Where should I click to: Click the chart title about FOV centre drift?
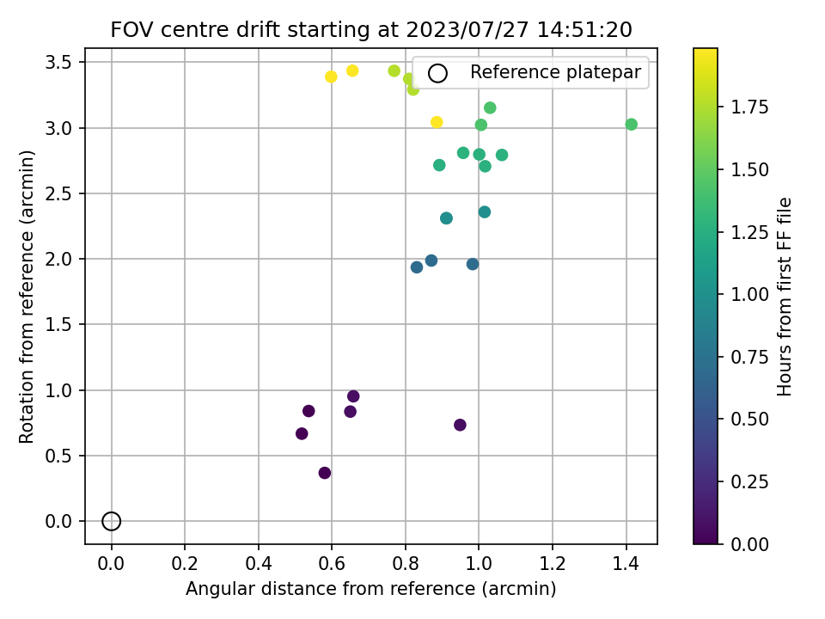[x=371, y=30]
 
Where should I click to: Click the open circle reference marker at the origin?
[x=111, y=521]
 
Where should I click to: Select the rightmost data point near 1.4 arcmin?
[x=632, y=125]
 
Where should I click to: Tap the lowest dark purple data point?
[x=325, y=473]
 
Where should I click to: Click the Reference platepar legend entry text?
[x=555, y=73]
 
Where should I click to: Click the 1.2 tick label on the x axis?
[x=553, y=564]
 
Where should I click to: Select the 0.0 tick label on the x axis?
[x=111, y=564]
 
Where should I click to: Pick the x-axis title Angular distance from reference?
[x=371, y=589]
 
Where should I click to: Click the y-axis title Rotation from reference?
[x=27, y=297]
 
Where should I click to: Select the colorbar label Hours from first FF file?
[x=784, y=297]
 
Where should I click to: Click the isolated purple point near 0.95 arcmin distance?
[x=460, y=425]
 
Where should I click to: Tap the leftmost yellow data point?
[x=331, y=77]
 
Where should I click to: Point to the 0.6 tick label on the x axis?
[x=332, y=564]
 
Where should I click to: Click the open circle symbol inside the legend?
[x=438, y=73]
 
